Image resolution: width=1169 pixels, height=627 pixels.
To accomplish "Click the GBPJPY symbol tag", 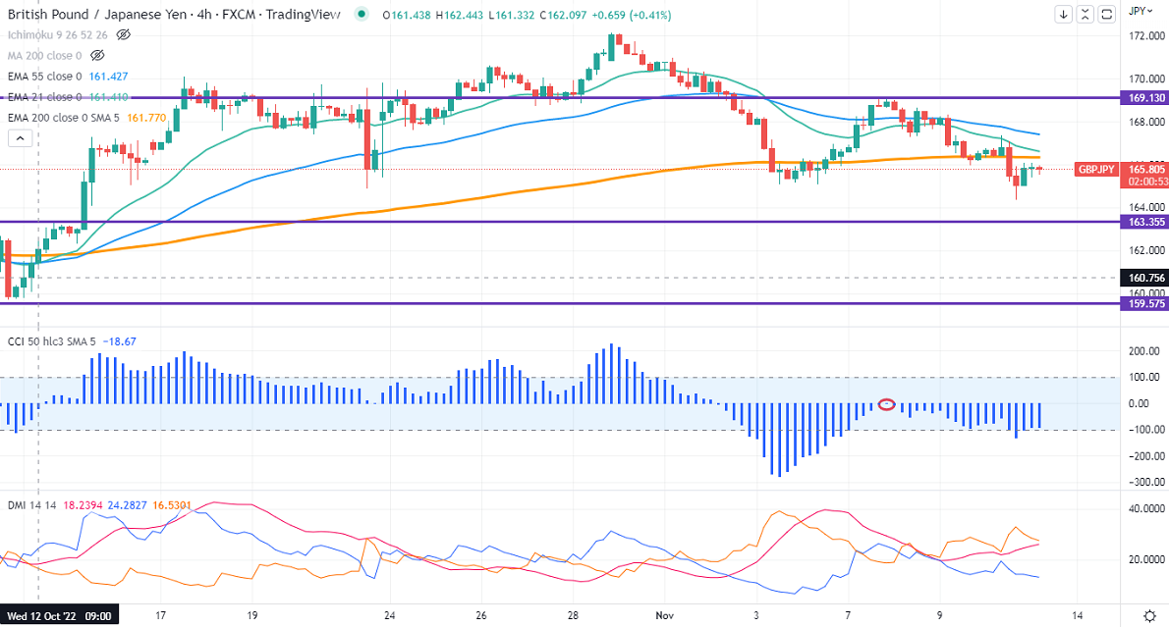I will coord(1095,169).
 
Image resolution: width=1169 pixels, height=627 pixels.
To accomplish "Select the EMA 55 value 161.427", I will coord(109,77).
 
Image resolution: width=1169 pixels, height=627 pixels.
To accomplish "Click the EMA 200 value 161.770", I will coord(145,118).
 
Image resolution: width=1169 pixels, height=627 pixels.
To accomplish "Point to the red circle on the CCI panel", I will coord(886,404).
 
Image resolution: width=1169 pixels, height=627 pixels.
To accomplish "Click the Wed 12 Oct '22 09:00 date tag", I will coord(61,616).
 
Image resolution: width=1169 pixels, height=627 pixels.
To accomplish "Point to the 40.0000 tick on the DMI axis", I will coord(1143,508).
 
